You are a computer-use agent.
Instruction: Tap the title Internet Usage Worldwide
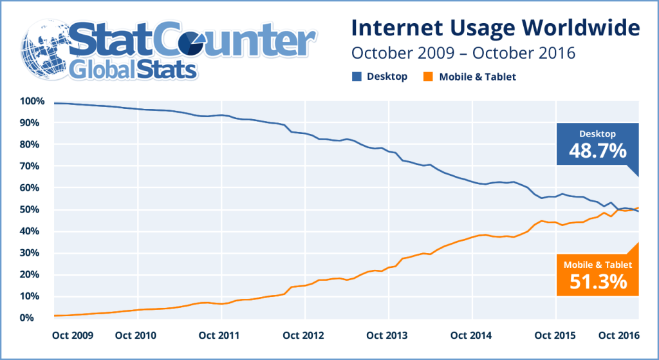[495, 28]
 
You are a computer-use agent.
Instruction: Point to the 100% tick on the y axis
[32, 101]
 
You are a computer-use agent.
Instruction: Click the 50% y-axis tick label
[33, 210]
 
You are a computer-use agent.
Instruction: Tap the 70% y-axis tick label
[33, 166]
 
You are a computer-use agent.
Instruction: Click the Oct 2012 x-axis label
[304, 336]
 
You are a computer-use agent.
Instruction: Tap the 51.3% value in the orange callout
[598, 281]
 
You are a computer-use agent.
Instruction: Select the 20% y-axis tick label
[33, 275]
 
